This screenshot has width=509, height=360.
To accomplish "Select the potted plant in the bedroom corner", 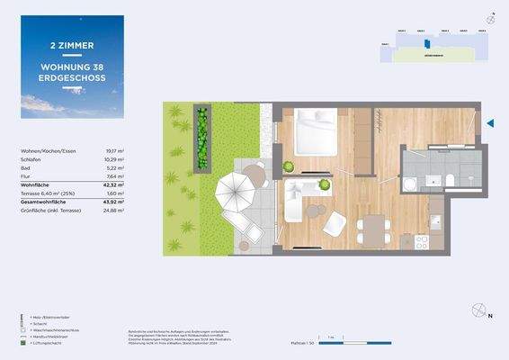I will pyautogui.click(x=289, y=166).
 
